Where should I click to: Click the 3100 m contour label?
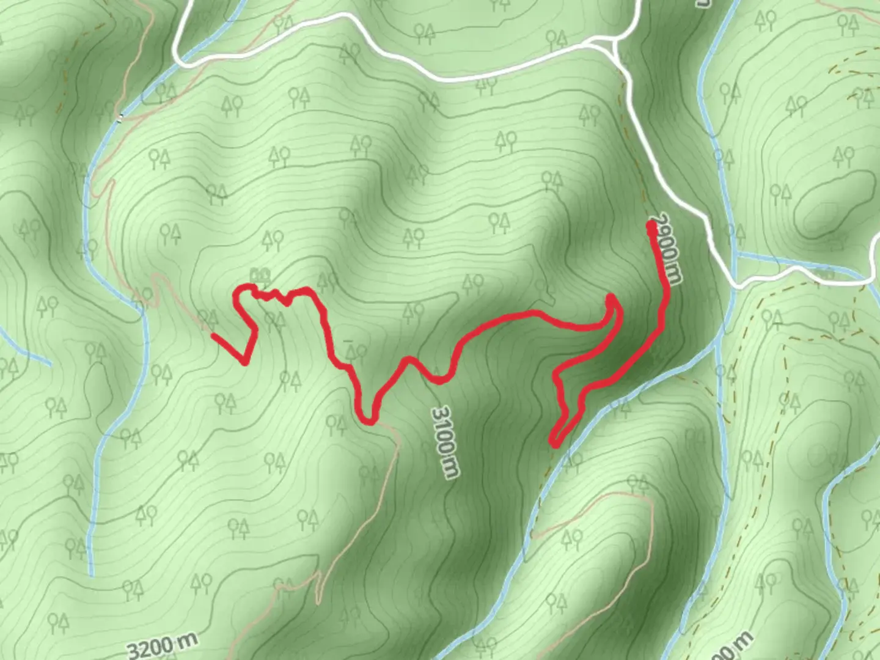(445, 442)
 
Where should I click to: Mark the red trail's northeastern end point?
(651, 227)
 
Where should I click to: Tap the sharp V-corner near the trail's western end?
(245, 362)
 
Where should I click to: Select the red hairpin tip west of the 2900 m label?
(610, 299)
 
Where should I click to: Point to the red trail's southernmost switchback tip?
(554, 442)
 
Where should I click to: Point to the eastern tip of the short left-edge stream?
(50, 365)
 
